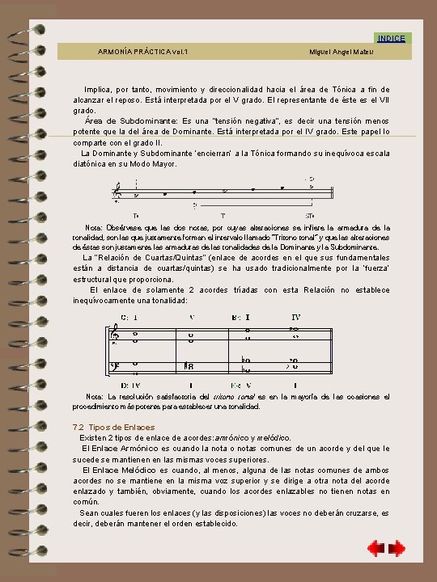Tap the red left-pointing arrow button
pyautogui.click(x=375, y=550)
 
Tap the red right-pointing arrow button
pyautogui.click(x=397, y=550)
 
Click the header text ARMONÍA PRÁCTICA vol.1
pyautogui.click(x=142, y=52)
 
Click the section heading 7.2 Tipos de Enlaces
pyautogui.click(x=113, y=427)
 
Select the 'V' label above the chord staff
pyautogui.click(x=192, y=317)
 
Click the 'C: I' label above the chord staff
pyautogui.click(x=129, y=317)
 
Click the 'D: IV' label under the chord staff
pyautogui.click(x=130, y=385)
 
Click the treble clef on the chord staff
pyautogui.click(x=117, y=334)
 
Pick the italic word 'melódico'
pyautogui.click(x=269, y=437)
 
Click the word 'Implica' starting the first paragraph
pyautogui.click(x=98, y=89)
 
